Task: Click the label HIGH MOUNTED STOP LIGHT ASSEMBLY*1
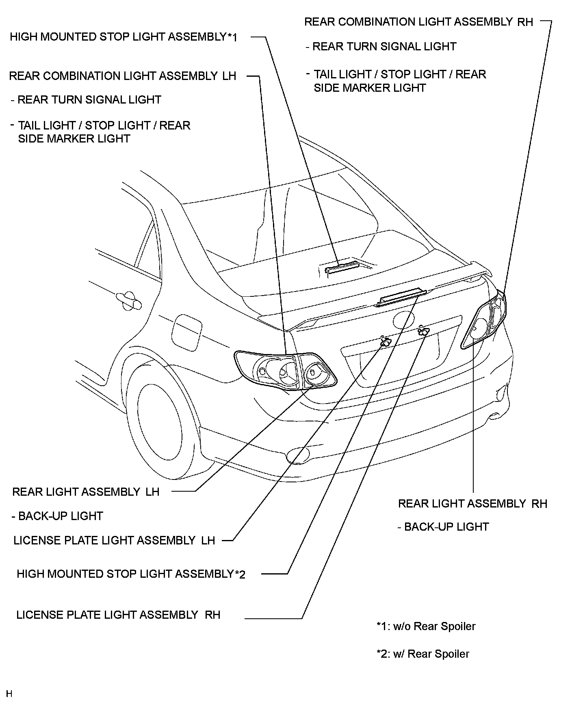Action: [123, 37]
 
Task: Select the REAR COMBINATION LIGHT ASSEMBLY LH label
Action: [122, 76]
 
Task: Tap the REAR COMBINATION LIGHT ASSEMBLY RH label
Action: [418, 22]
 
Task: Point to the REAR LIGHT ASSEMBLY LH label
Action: [86, 492]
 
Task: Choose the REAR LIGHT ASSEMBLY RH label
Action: [472, 503]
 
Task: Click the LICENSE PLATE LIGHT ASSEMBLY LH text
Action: [114, 540]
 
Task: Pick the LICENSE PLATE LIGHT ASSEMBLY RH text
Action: [118, 615]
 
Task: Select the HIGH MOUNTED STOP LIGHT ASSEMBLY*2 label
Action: [131, 574]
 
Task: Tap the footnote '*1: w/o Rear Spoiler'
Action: [426, 626]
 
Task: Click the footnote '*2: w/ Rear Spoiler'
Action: [423, 654]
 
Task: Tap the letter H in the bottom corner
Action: [9, 693]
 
